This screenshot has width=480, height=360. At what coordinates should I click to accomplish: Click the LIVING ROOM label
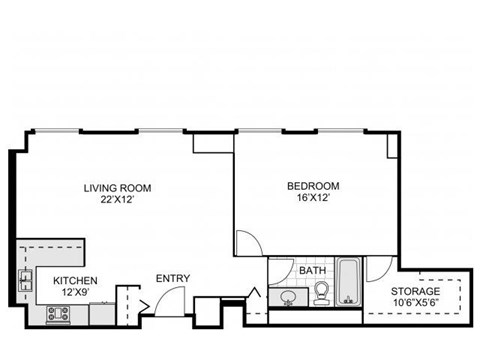(x=116, y=185)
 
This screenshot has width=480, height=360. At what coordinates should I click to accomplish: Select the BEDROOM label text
(x=313, y=185)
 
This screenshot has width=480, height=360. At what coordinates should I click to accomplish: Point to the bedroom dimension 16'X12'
(x=313, y=197)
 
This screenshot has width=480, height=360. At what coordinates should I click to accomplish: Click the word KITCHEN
(x=75, y=281)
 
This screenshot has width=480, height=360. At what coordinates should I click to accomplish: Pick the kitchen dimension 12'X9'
(x=75, y=293)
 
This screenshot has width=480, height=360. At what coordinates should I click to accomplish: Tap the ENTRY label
(x=172, y=278)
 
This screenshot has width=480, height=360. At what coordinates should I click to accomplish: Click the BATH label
(x=311, y=270)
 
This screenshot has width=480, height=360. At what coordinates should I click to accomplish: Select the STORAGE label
(x=415, y=291)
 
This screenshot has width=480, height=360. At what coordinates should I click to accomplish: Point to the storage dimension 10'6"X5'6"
(x=415, y=303)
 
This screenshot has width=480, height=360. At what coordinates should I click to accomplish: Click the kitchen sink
(x=24, y=277)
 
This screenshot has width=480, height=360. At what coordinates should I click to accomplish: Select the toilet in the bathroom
(x=322, y=292)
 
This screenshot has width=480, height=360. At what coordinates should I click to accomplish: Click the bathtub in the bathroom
(x=349, y=281)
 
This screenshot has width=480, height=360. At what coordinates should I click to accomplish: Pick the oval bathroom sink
(x=289, y=296)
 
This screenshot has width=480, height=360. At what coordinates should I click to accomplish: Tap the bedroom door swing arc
(x=247, y=241)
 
